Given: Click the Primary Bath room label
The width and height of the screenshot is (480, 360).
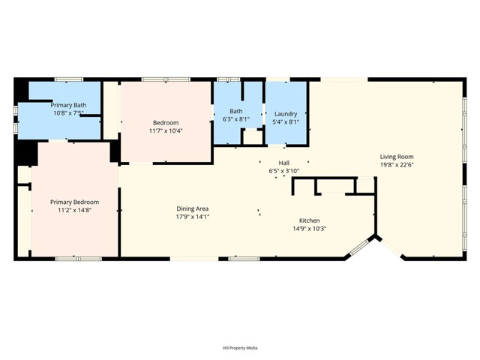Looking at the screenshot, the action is pos(68,105).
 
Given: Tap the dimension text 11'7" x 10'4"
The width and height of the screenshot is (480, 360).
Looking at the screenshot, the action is pos(166,130).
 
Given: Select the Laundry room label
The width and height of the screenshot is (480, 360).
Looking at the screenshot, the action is pos(286,114).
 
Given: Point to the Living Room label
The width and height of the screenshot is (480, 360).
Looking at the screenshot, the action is pos(397,157).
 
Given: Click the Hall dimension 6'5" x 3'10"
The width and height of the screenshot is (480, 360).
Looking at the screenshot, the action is pos(284,171).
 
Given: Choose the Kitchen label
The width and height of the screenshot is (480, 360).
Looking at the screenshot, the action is pos(310,220).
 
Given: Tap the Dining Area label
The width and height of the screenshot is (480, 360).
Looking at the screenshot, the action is pos(193,208).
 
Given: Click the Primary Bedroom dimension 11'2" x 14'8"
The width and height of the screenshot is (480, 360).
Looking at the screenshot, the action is pos(75,210).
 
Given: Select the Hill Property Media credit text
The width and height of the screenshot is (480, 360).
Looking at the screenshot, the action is pos(240,348).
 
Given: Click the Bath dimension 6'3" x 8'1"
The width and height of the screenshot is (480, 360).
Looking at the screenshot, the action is pos(236,119).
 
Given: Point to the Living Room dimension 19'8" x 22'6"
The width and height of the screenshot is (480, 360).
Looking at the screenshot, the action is pos(397,165).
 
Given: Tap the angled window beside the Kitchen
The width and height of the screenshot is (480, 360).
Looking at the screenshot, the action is pos(360,247).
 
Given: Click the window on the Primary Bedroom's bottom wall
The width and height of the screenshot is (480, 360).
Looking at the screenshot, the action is pos(78,259).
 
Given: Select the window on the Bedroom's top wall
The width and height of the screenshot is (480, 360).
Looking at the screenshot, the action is pos(166,79).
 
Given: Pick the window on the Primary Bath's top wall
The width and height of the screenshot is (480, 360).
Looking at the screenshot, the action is pos(69,79).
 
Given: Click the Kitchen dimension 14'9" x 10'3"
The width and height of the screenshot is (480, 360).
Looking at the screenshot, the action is pos(310,228).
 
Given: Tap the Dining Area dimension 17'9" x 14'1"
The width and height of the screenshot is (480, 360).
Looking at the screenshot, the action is pos(193,217).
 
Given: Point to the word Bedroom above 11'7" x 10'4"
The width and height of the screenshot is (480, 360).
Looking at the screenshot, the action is pos(166,123).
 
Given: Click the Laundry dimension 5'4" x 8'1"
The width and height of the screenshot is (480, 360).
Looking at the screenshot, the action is pos(286,121).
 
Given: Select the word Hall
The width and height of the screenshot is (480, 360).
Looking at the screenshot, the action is pos(284,163).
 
